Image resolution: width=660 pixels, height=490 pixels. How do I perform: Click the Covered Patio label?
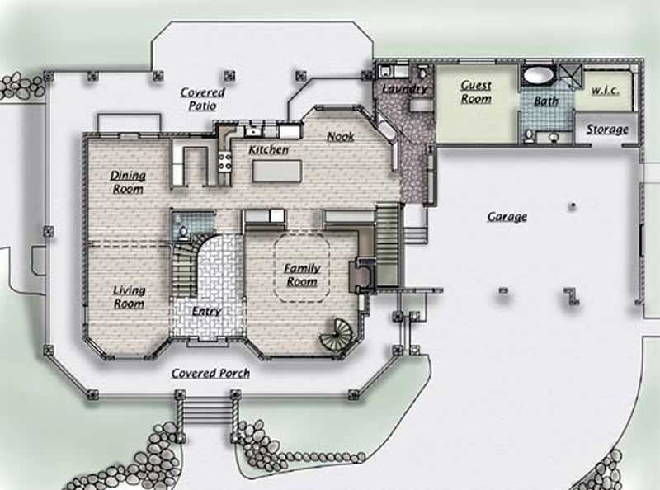pos(202,99)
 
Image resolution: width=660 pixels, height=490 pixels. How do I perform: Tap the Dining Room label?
pos(128,181)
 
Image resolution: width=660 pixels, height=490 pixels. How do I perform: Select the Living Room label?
pos(129,297)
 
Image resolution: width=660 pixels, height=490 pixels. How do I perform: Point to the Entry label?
pos(206,311)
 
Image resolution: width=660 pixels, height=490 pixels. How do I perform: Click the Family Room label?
pos(302,275)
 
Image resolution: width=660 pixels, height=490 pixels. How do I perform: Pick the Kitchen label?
pos(269,150)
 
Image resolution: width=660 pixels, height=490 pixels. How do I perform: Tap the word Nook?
pos(341,136)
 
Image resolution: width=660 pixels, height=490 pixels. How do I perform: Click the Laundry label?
pos(405,88)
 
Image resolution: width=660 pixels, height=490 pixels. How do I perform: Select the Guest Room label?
pos(476,92)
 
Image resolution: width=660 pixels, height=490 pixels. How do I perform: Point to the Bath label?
pos(546,101)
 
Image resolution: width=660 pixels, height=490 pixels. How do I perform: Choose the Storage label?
pos(607,130)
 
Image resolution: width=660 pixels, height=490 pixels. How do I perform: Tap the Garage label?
pos(507,217)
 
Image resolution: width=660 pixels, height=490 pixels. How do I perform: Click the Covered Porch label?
pos(210,373)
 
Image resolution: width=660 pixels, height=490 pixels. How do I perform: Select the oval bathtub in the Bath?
pos(539,77)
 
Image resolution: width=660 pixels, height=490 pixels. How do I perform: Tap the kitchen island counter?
pos(277,171)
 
